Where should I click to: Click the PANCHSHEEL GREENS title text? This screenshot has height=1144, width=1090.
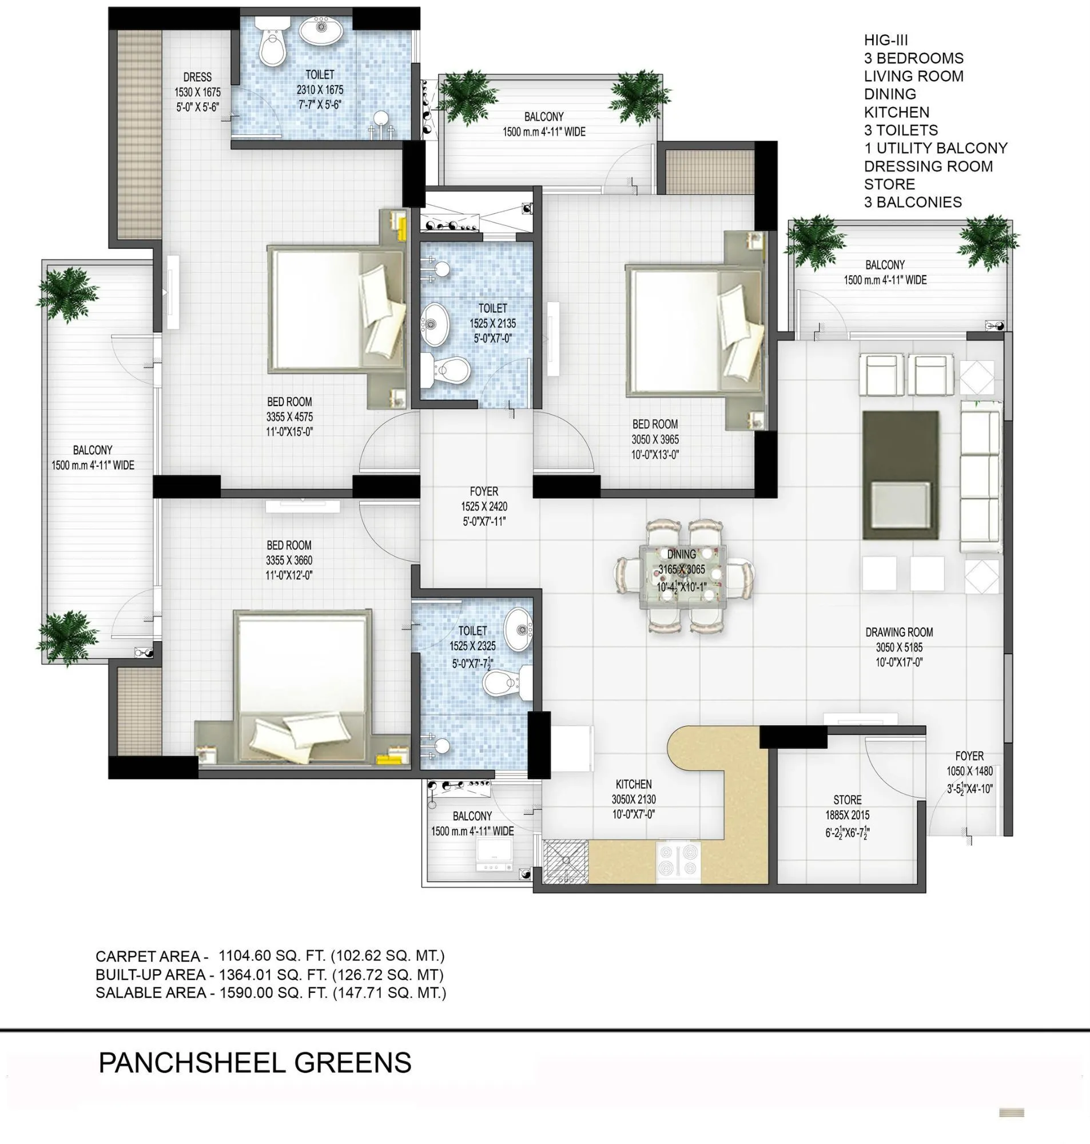coord(254,1063)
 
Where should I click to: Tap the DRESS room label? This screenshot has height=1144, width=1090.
coord(197,77)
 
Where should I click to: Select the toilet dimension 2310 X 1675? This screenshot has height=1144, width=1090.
coord(320,90)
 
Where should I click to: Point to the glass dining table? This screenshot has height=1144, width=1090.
coord(682,577)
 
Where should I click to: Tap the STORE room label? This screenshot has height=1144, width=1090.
coord(847,800)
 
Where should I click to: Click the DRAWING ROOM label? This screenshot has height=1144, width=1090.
coord(899,632)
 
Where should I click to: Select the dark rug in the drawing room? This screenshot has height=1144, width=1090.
coord(900,475)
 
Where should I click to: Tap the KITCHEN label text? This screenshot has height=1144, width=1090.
coord(633,784)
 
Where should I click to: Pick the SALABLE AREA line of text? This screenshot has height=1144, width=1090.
coord(270,993)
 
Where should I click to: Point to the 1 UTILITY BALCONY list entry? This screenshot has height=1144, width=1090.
coord(935,148)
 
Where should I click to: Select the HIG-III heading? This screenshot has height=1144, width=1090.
coord(885,40)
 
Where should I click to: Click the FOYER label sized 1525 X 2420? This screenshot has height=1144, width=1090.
coord(483,491)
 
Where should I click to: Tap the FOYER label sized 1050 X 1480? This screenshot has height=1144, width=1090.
coord(969,756)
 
